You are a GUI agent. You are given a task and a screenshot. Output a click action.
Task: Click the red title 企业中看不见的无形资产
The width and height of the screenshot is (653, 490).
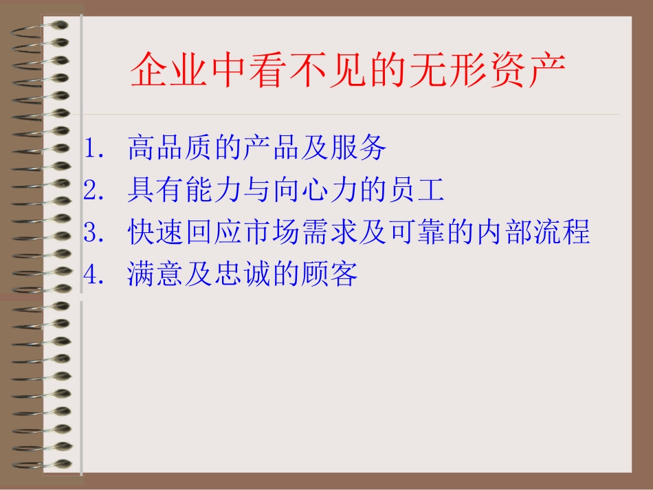click(348, 69)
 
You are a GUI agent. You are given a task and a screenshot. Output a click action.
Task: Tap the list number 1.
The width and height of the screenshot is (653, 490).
click(93, 148)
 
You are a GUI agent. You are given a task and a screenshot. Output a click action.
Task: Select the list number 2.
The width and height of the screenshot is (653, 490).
click(93, 190)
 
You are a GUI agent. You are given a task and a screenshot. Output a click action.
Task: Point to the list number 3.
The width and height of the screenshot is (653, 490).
click(93, 232)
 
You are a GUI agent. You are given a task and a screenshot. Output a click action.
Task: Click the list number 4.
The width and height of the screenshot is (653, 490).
click(93, 274)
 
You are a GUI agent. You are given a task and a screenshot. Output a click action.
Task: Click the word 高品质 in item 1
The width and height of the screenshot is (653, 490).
click(170, 147)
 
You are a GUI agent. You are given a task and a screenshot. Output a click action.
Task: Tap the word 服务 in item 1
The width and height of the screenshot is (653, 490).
click(358, 147)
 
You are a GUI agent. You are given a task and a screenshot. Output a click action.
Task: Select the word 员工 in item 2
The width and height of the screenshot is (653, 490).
click(417, 190)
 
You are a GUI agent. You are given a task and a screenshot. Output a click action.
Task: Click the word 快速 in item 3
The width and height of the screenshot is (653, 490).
click(155, 232)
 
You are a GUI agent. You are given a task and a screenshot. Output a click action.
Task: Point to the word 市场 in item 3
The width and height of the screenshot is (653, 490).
click(272, 232)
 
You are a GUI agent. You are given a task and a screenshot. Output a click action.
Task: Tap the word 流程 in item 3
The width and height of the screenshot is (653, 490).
click(562, 232)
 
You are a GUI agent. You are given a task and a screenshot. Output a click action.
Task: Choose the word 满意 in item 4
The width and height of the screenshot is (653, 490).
click(155, 274)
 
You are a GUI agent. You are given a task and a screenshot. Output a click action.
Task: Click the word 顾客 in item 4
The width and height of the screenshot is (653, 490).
click(329, 274)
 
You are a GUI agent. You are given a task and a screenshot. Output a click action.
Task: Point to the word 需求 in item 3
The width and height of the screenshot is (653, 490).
click(329, 232)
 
